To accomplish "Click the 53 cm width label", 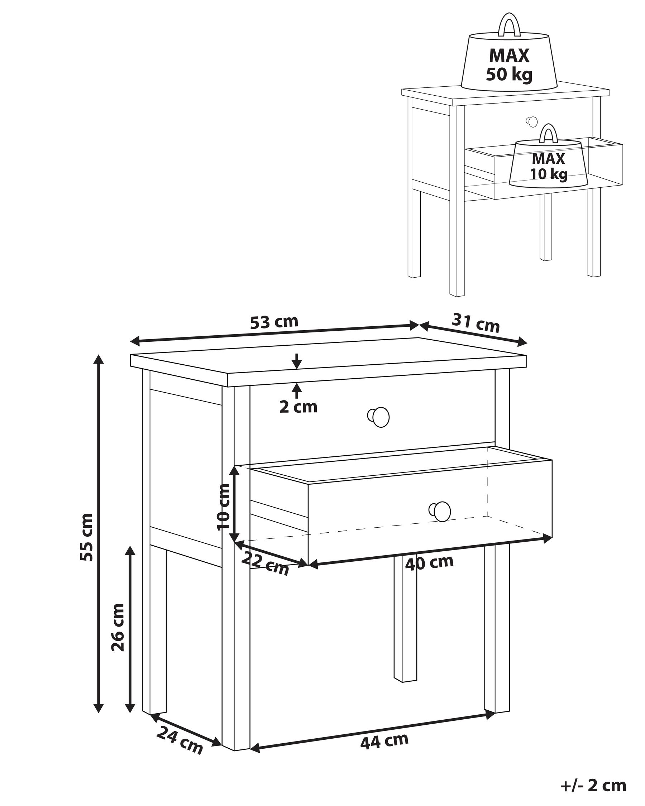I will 274,321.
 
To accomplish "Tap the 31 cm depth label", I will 475,323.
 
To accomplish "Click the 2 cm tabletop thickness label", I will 298,407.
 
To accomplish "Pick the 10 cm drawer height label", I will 224,507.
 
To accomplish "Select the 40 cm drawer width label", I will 429,562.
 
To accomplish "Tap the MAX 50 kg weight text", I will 509,65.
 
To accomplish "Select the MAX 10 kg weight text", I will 548,166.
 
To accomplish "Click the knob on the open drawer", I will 441,511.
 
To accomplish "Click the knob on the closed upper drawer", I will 379,417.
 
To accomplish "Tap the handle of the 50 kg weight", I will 510,25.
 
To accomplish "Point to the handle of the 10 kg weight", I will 549,134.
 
